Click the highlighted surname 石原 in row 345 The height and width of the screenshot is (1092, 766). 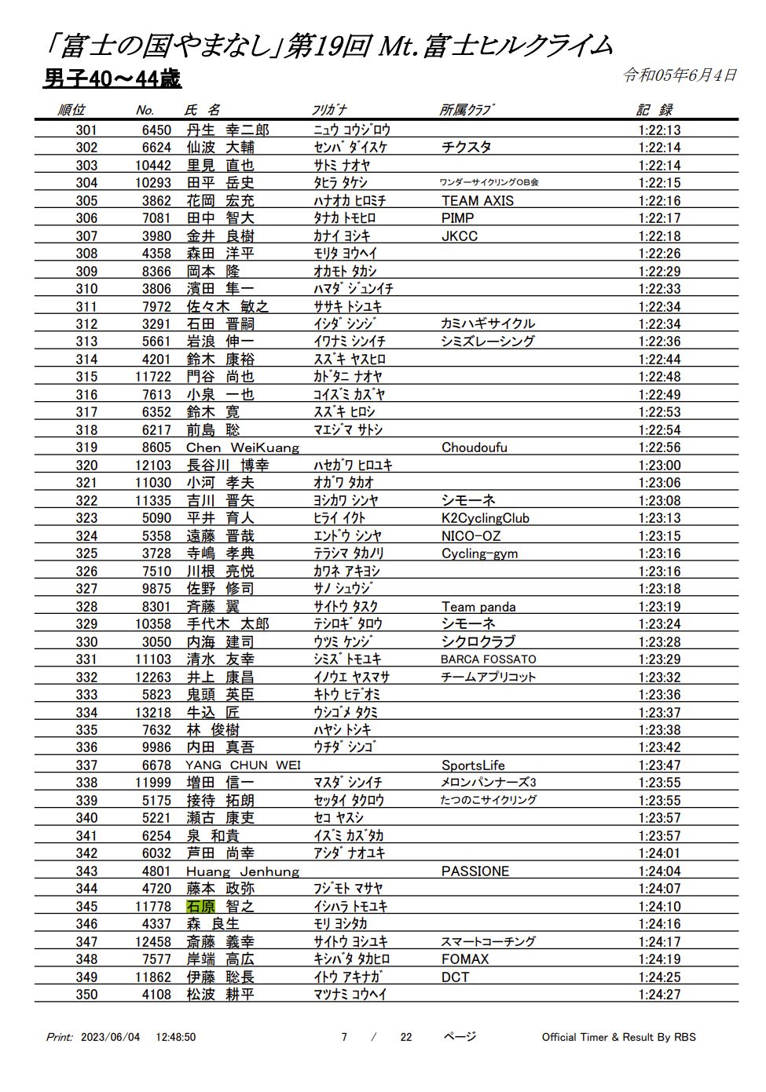pyautogui.click(x=200, y=907)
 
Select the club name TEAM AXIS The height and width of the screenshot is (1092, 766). pyautogui.click(x=477, y=201)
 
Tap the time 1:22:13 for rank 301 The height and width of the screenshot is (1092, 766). pyautogui.click(x=659, y=130)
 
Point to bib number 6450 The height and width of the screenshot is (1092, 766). pyautogui.click(x=156, y=130)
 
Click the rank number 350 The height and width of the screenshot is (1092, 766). pyautogui.click(x=86, y=995)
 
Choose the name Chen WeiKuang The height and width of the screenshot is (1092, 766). pyautogui.click(x=242, y=447)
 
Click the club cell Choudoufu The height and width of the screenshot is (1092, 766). pyautogui.click(x=474, y=447)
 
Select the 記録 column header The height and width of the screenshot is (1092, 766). pyautogui.click(x=654, y=110)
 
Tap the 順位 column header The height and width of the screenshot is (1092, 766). pyautogui.click(x=71, y=110)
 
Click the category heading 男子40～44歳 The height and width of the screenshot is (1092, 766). pyautogui.click(x=112, y=79)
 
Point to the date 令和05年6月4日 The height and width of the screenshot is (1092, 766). pyautogui.click(x=680, y=75)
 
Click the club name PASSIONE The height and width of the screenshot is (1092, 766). pyautogui.click(x=475, y=871)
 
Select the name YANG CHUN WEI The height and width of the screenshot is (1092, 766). pyautogui.click(x=243, y=765)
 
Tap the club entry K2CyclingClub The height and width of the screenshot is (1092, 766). pyautogui.click(x=485, y=518)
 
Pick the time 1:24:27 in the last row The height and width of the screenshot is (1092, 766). pyautogui.click(x=659, y=995)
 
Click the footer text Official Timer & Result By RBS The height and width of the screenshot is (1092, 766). pyautogui.click(x=618, y=1037)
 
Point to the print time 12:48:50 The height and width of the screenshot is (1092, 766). pyautogui.click(x=175, y=1037)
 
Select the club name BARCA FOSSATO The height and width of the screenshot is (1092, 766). pyautogui.click(x=488, y=659)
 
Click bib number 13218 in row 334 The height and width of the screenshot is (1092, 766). pyautogui.click(x=152, y=713)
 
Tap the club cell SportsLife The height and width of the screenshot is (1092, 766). pyautogui.click(x=473, y=765)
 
